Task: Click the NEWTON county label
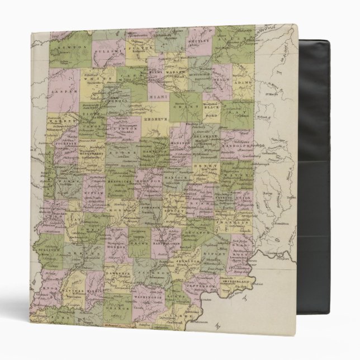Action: coord(68,49)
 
